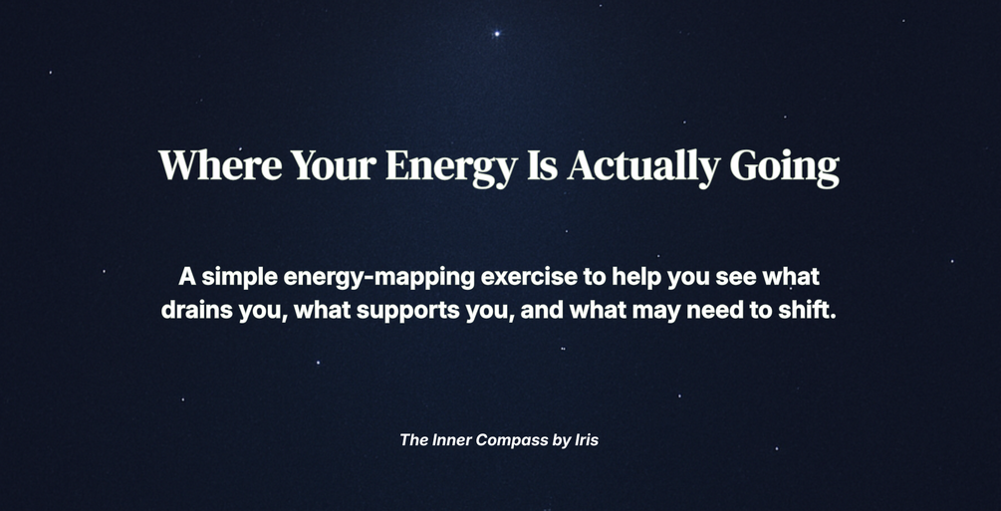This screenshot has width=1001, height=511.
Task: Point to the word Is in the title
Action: tap(543, 165)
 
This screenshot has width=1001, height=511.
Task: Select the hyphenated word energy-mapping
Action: tap(379, 279)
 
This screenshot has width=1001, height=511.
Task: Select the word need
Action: tap(692, 310)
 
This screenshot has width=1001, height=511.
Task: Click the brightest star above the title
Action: tap(497, 33)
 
